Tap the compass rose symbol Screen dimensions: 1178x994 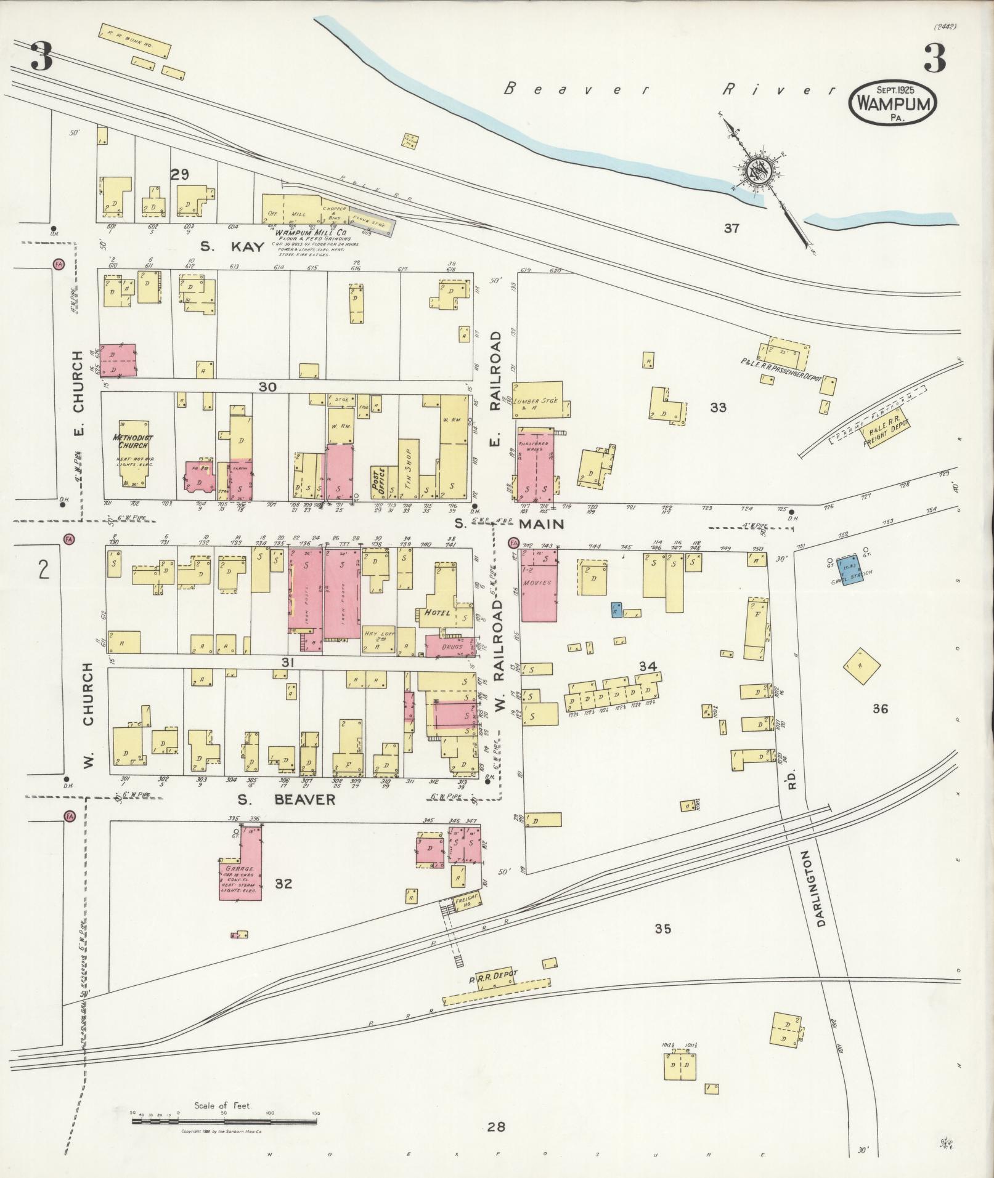(756, 169)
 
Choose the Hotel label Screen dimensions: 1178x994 (436, 613)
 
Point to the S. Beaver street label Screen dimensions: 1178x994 (287, 799)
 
